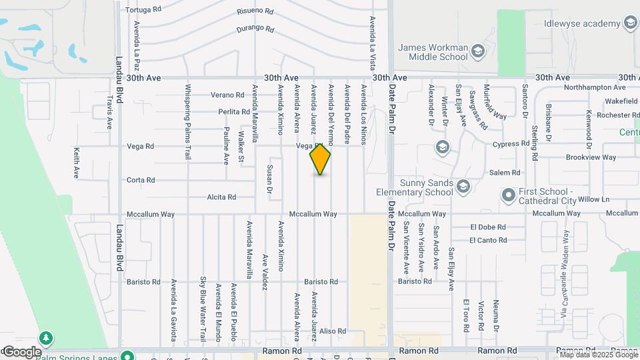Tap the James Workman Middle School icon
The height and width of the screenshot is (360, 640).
click(477, 51)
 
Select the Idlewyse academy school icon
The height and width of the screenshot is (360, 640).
click(629, 24)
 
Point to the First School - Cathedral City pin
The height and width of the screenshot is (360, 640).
click(509, 195)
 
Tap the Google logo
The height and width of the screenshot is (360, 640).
click(21, 351)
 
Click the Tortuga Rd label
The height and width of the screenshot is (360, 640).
click(143, 10)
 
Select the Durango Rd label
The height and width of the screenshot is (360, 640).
click(255, 29)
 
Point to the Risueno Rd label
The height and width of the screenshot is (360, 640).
click(255, 11)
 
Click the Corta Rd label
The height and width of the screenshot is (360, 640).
click(141, 180)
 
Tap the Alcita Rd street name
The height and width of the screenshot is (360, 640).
click(221, 197)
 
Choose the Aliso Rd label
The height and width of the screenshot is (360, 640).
click(333, 331)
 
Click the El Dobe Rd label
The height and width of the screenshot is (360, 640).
click(488, 227)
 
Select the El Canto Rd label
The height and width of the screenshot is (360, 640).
click(488, 240)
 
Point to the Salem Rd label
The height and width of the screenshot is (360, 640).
click(505, 173)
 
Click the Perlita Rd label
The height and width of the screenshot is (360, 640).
click(233, 112)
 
